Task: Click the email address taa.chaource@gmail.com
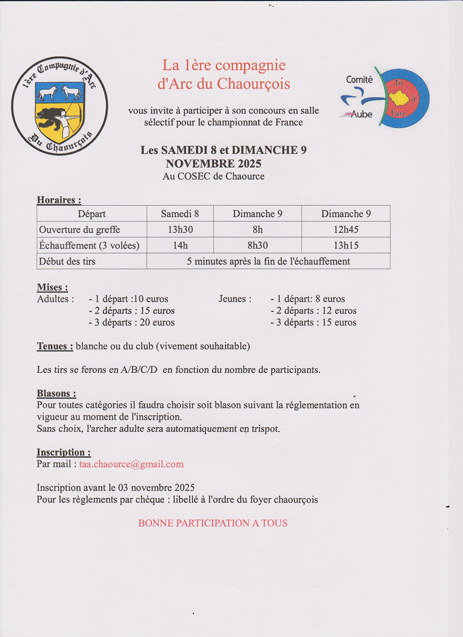coord(131,464)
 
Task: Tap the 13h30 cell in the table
coord(180,229)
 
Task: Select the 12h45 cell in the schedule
coord(345,229)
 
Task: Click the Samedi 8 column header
coord(180,214)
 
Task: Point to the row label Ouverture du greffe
coord(80,229)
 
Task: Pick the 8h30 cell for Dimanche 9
coord(257,245)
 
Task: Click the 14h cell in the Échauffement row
coord(180,245)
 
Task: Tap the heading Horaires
coord(59,200)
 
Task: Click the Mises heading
coord(52,287)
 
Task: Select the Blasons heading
coord(56,393)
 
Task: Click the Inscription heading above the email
coord(63,452)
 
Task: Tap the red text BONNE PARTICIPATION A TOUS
coord(212,523)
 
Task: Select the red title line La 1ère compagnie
coord(224,65)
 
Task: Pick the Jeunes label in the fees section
coord(235,299)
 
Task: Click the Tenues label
coord(54,346)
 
